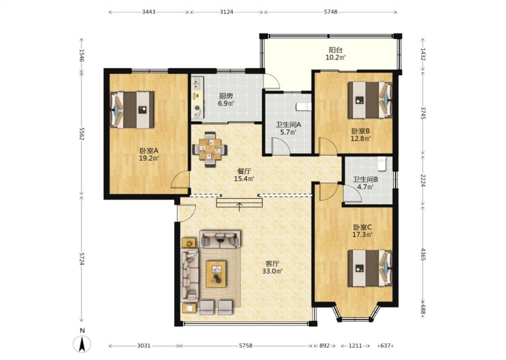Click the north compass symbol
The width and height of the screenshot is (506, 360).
click(x=82, y=343)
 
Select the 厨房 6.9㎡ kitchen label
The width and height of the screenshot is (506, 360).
click(x=226, y=100)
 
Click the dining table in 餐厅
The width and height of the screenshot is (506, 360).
click(x=210, y=149)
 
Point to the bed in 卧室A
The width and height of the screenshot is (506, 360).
click(x=132, y=110)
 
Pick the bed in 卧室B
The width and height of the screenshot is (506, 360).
click(x=370, y=100)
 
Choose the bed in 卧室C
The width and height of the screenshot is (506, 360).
click(x=370, y=268)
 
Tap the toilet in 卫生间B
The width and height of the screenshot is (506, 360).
click(x=382, y=164)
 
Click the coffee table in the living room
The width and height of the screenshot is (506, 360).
click(x=216, y=274)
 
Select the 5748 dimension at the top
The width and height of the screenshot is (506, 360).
click(x=331, y=12)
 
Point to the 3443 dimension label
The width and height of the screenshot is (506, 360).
click(x=149, y=12)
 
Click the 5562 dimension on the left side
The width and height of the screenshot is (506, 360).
click(x=82, y=134)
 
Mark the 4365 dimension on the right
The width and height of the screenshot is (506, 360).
click(x=423, y=254)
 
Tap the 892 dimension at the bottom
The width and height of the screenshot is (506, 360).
click(x=324, y=346)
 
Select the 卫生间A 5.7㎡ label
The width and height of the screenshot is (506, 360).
click(x=288, y=128)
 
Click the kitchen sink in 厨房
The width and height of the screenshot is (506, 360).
click(x=197, y=84)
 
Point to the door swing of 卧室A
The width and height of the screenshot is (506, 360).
click(x=180, y=180)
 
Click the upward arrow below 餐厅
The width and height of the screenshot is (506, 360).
click(x=239, y=207)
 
